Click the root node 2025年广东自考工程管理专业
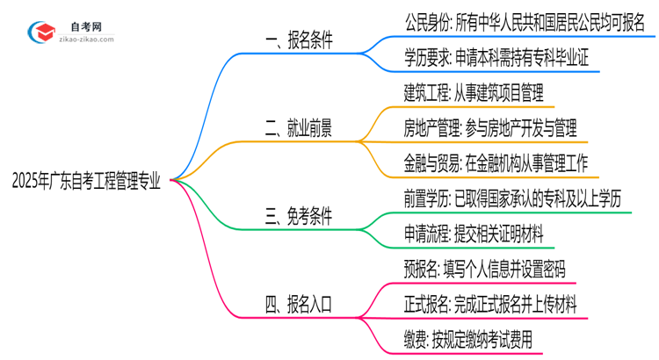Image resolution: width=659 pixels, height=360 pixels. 86,180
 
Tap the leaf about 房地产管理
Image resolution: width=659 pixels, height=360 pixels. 490,128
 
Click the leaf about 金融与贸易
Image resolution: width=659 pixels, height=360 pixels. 498,163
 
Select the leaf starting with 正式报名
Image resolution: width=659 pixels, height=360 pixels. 490,304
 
